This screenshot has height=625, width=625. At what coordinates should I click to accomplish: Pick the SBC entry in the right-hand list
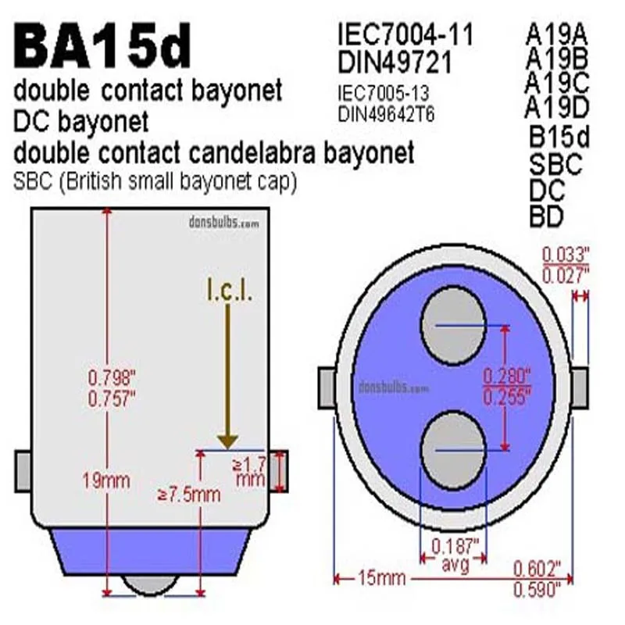555,165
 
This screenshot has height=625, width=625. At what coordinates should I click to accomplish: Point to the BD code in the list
546,216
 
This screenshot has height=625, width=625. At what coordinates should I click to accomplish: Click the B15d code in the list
559,137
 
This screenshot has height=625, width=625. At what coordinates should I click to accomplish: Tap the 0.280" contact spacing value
507,376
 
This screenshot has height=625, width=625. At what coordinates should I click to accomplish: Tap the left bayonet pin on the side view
22,471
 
